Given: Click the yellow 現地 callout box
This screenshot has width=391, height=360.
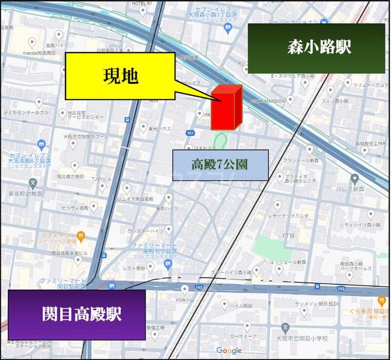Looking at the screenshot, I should pos(120,76).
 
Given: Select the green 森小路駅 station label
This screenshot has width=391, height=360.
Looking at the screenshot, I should pos(316,48).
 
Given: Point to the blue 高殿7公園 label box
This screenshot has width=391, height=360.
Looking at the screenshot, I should pos(220,165).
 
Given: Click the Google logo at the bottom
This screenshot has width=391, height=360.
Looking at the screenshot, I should pos(229,350).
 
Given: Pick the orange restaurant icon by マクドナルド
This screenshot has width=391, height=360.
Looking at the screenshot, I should pos(81,235).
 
